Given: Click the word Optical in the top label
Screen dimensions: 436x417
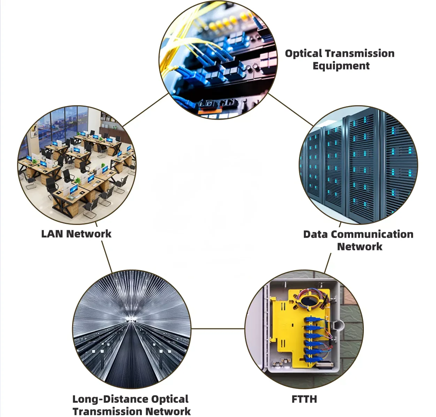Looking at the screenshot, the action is [x=303, y=54].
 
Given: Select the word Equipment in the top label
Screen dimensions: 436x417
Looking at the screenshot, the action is [x=341, y=66].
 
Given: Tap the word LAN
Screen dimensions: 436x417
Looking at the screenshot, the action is [x=52, y=234].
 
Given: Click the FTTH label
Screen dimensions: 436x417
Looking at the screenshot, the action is [x=304, y=399].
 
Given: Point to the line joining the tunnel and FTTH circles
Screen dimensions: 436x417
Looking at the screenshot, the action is [x=218, y=328].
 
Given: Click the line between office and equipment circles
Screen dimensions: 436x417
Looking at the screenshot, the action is [x=146, y=110].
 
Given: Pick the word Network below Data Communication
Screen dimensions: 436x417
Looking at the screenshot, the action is [x=360, y=247].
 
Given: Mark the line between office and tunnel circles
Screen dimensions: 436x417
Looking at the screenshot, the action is [x=107, y=256].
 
